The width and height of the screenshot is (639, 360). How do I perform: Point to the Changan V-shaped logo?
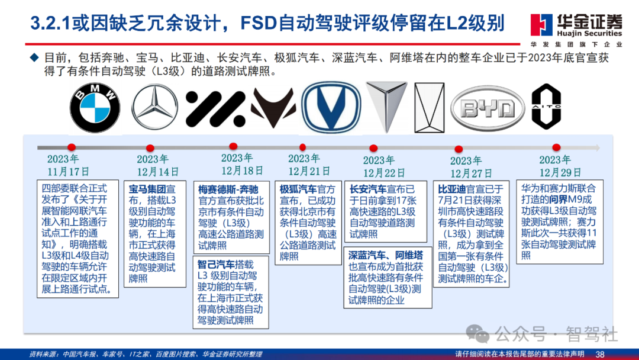(x=331, y=108)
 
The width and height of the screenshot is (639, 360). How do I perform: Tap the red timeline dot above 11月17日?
(x=72, y=147)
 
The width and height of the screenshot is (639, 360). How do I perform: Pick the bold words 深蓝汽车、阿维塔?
(x=385, y=255)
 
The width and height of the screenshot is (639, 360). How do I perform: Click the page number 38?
(x=600, y=353)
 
